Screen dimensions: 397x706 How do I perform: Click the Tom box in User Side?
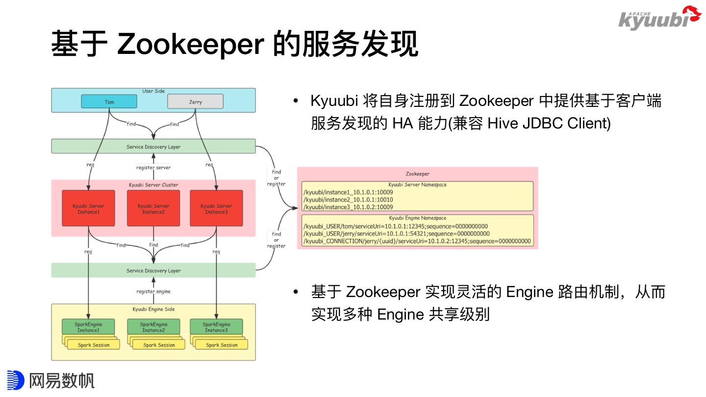(x=109, y=102)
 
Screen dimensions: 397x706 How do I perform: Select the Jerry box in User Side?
(x=195, y=102)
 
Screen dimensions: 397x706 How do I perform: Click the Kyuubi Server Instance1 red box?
(x=88, y=208)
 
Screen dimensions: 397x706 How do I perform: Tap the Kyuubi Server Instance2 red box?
(x=153, y=208)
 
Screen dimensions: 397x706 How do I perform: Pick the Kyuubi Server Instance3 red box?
(x=216, y=208)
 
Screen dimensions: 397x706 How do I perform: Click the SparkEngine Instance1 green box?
(x=88, y=327)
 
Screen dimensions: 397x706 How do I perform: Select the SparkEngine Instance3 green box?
(x=216, y=327)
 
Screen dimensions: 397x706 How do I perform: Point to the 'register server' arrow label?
(x=153, y=168)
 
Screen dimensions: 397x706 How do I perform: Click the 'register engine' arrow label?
(x=153, y=292)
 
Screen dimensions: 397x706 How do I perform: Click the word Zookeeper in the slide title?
(x=191, y=44)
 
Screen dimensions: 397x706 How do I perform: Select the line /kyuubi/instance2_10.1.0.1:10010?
(x=348, y=199)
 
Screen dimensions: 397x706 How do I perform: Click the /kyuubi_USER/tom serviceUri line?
(x=396, y=226)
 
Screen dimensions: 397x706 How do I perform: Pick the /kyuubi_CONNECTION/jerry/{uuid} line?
(x=417, y=241)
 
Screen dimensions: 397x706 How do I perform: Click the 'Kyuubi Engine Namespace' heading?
(x=417, y=218)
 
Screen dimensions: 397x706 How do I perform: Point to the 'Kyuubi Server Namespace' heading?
(x=417, y=185)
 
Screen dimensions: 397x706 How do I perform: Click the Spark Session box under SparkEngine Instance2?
(x=159, y=345)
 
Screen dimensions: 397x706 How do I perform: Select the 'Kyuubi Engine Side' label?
(x=153, y=309)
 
